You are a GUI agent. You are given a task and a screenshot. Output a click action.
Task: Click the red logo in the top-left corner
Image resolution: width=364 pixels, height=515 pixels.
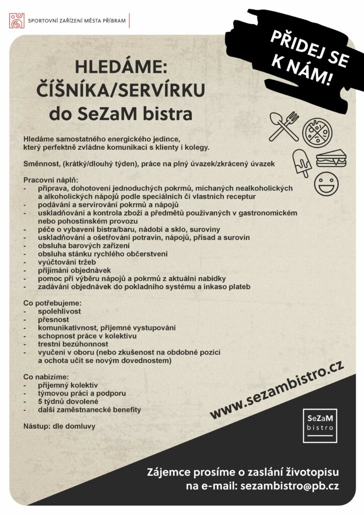point(17,21)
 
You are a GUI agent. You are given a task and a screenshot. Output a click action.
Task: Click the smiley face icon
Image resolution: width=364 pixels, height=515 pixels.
point(326,185)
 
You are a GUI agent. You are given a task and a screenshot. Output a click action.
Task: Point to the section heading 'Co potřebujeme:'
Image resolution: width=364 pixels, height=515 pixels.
point(52,304)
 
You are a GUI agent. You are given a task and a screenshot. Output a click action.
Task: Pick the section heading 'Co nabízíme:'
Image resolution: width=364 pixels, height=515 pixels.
point(46,377)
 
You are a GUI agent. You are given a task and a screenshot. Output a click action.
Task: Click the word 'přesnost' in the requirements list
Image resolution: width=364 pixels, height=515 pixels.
point(53,319)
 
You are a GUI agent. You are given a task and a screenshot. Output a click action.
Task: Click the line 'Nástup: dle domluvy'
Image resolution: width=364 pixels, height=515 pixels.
point(59,426)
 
